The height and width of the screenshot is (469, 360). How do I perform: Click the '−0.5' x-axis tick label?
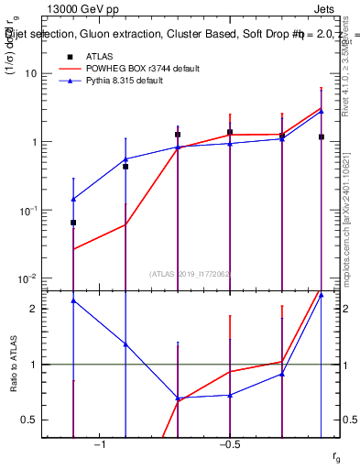[x=229, y=445]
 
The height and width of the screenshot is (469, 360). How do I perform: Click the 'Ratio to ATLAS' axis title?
[x=12, y=365]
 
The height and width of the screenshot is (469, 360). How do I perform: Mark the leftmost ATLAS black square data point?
[x=73, y=223]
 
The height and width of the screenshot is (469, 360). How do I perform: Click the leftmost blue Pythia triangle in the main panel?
[x=73, y=199]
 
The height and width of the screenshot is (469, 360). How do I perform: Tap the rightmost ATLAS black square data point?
[x=322, y=136]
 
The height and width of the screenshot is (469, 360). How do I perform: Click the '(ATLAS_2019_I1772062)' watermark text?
[x=190, y=273]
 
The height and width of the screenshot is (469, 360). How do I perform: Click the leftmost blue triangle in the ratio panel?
[x=73, y=300]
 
